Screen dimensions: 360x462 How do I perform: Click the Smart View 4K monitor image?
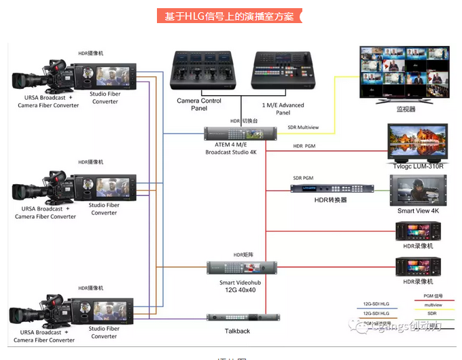click(x=416, y=190)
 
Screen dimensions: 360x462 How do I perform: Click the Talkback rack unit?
click(x=242, y=317)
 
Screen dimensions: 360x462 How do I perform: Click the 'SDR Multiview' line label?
click(x=303, y=127)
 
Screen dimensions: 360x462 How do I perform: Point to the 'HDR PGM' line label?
click(x=304, y=146)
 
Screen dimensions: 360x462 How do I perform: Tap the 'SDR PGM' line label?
click(x=303, y=178)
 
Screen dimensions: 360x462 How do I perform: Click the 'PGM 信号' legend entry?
click(x=433, y=296)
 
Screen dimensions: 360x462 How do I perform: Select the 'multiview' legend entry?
click(x=433, y=305)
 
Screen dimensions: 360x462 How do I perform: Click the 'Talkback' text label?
click(x=237, y=331)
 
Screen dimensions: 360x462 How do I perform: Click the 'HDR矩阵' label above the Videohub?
click(x=243, y=255)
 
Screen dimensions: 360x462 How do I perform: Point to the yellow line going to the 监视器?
click(x=334, y=102)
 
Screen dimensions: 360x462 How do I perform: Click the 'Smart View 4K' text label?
click(x=419, y=211)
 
